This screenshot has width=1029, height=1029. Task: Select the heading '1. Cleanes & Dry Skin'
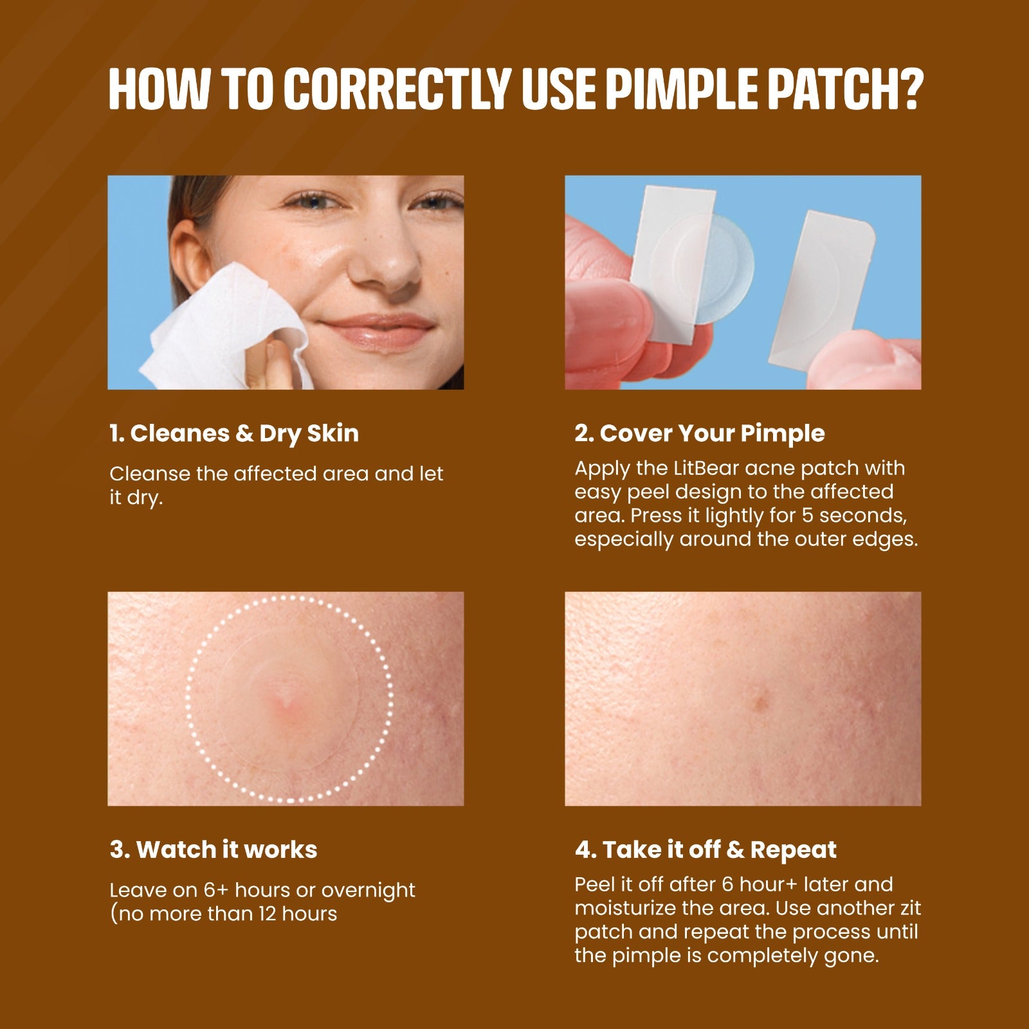click(x=234, y=433)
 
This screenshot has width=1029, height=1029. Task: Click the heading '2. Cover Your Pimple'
click(x=699, y=433)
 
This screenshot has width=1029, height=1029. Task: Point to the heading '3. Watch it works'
click(x=214, y=850)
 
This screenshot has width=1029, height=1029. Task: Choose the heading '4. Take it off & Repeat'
click(x=706, y=850)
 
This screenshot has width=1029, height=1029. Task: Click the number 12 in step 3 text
click(x=269, y=914)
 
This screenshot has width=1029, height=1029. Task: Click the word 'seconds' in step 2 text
click(x=862, y=516)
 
